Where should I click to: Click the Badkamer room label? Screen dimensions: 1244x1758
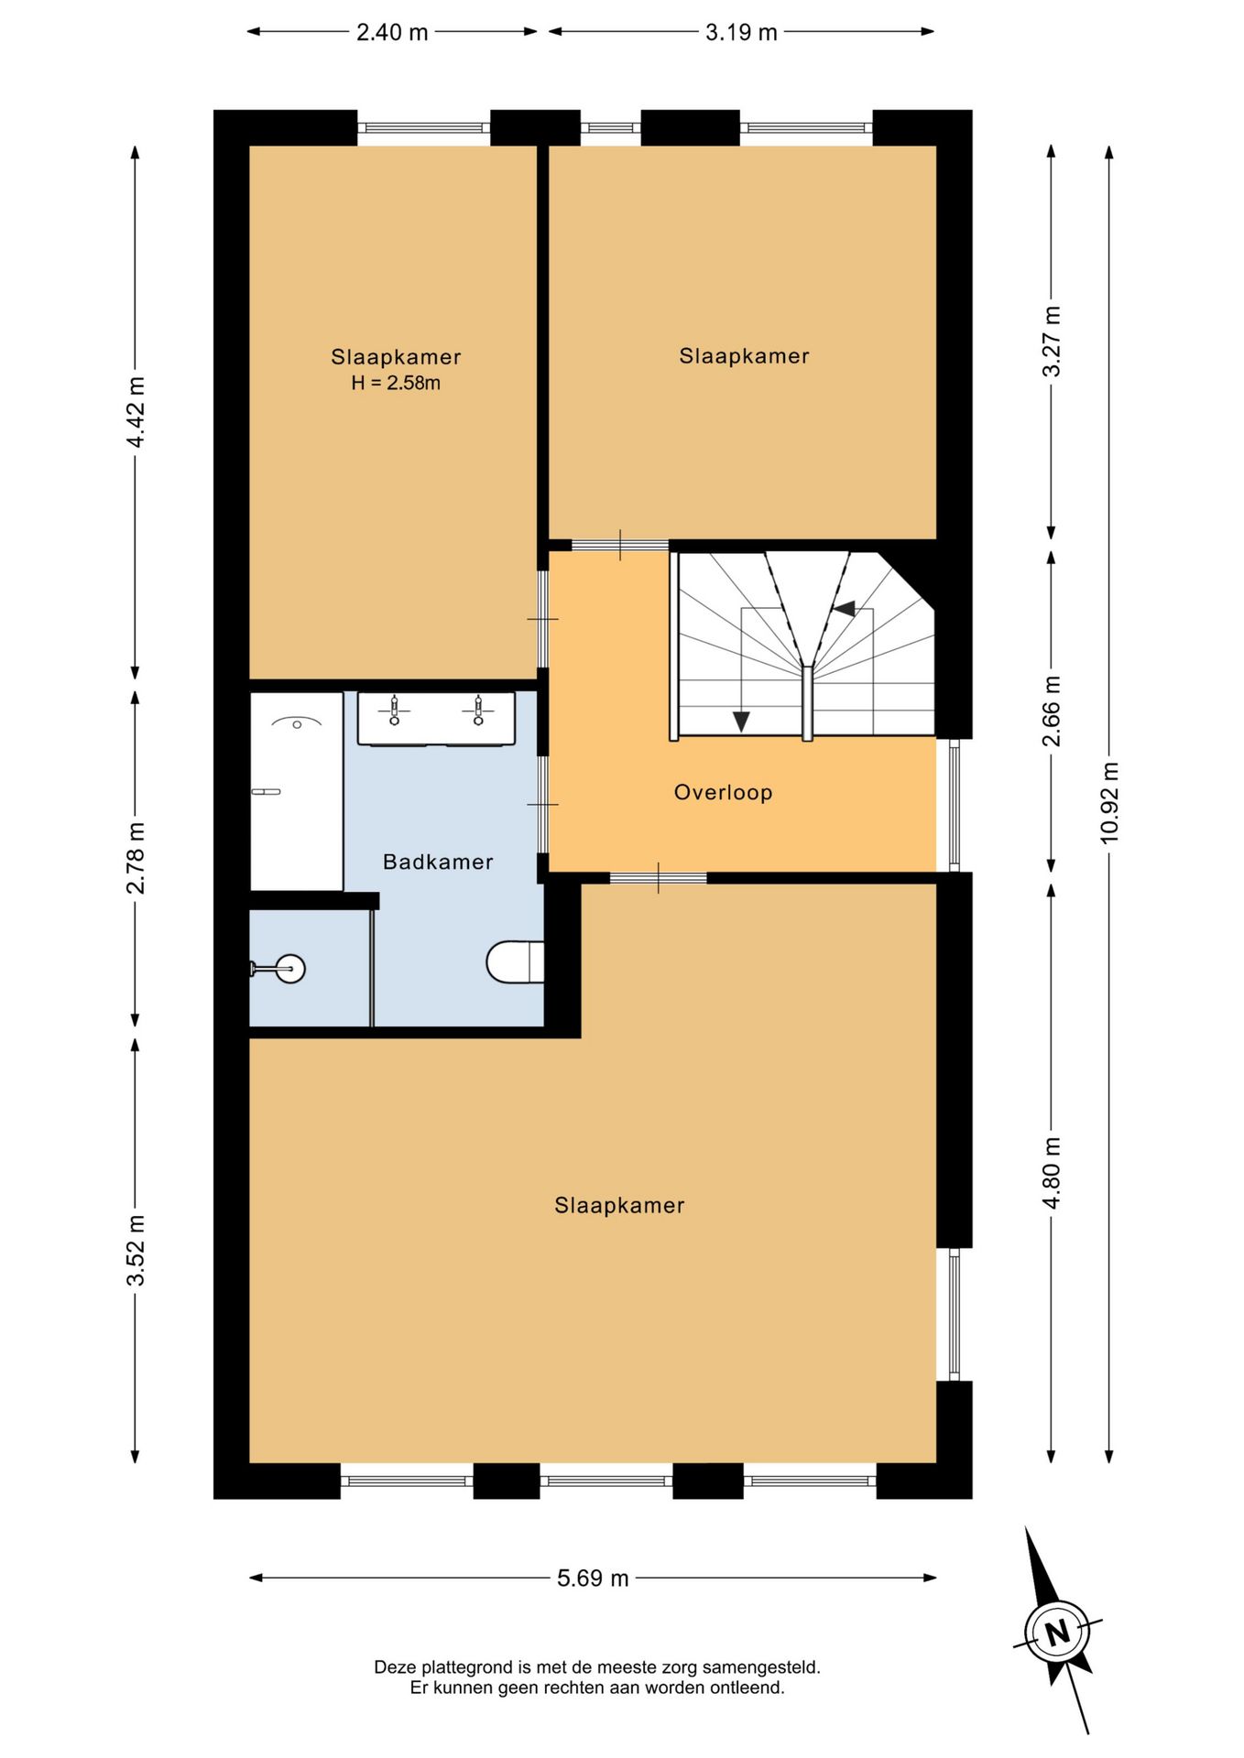click(438, 862)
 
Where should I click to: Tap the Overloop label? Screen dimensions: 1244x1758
click(723, 793)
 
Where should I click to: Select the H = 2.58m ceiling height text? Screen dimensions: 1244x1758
click(396, 384)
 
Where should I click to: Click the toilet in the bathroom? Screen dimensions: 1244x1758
click(515, 962)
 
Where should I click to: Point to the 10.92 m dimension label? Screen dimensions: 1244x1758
click(1109, 803)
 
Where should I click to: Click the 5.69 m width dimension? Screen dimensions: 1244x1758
click(593, 1578)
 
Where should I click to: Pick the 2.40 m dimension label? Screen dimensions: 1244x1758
click(392, 32)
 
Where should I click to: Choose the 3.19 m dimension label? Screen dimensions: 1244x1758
click(741, 32)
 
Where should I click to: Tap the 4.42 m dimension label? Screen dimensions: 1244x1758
click(136, 412)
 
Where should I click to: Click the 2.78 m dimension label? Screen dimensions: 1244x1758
click(136, 858)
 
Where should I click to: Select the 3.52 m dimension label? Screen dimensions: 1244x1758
click(136, 1250)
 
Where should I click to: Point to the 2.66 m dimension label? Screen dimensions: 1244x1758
click(1052, 711)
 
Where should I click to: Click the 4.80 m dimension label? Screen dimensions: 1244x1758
click(1052, 1173)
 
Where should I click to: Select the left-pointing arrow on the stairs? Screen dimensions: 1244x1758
click(843, 608)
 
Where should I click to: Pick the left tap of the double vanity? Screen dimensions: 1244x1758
click(394, 711)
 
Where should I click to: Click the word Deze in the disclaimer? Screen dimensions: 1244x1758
click(394, 1667)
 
